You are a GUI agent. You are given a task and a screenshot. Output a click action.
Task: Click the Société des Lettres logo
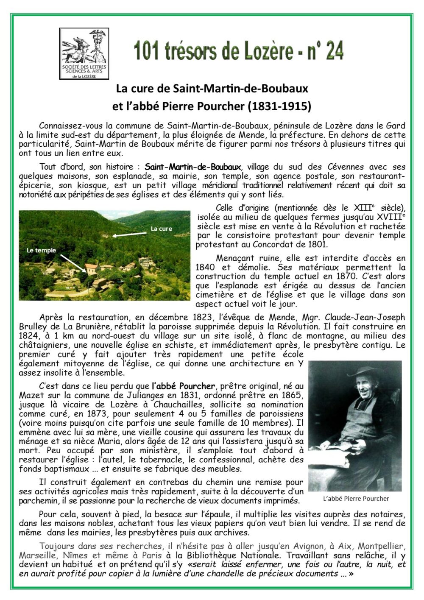[x=84, y=54]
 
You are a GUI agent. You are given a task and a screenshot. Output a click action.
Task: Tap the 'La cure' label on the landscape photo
[x=162, y=229]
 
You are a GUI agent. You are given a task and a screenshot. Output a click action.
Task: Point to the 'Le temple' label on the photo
[x=41, y=250]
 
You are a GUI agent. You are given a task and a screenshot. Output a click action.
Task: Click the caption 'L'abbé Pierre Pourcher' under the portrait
[x=356, y=499]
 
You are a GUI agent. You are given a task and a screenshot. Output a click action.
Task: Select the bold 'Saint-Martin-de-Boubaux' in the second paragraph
[x=193, y=167]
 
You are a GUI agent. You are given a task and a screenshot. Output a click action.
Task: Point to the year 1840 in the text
[x=206, y=267]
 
